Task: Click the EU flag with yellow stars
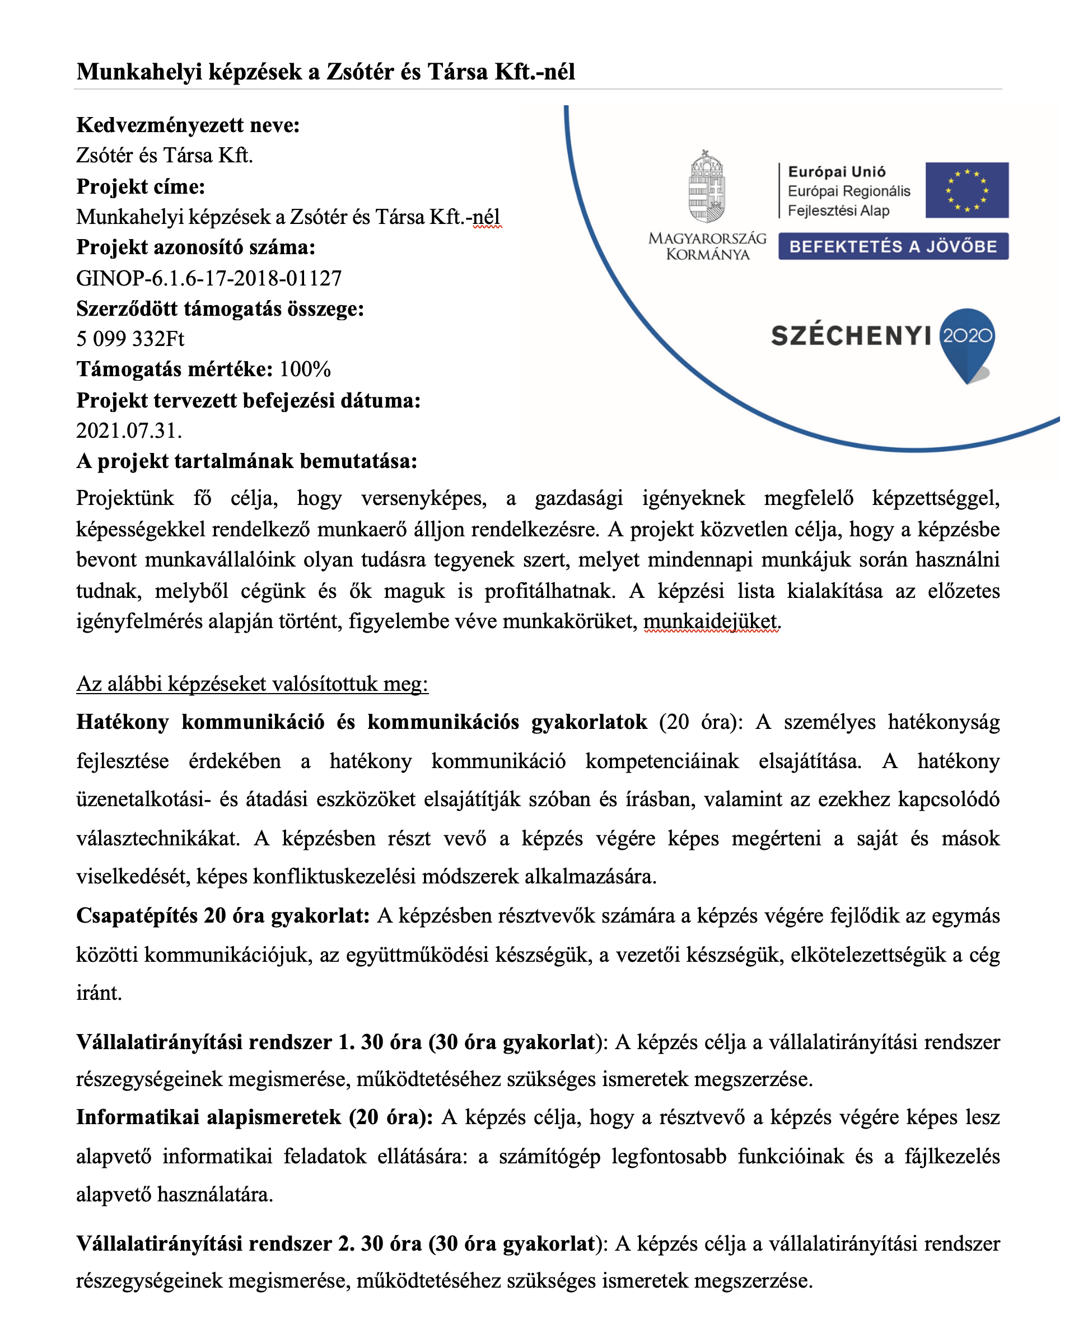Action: pyautogui.click(x=967, y=190)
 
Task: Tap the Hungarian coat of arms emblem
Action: pyautogui.click(x=706, y=186)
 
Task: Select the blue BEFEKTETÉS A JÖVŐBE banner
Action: pyautogui.click(x=893, y=246)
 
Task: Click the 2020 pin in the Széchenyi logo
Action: pyautogui.click(x=967, y=340)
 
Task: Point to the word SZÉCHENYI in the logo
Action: pyautogui.click(x=851, y=336)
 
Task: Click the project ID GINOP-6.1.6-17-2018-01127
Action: pyautogui.click(x=209, y=278)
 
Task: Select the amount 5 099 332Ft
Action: pyautogui.click(x=130, y=339)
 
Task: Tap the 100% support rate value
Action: pyautogui.click(x=305, y=369)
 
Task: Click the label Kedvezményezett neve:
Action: pyautogui.click(x=188, y=125)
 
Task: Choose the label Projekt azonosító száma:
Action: pyautogui.click(x=196, y=247)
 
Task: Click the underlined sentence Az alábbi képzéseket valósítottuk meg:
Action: pyautogui.click(x=252, y=684)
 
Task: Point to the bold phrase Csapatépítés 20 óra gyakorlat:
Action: pyautogui.click(x=223, y=915)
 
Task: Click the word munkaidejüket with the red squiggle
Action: pyautogui.click(x=711, y=621)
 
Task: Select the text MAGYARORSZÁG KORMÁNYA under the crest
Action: pyautogui.click(x=707, y=246)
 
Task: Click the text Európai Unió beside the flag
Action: pyautogui.click(x=837, y=171)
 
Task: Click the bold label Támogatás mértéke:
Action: pyautogui.click(x=175, y=369)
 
